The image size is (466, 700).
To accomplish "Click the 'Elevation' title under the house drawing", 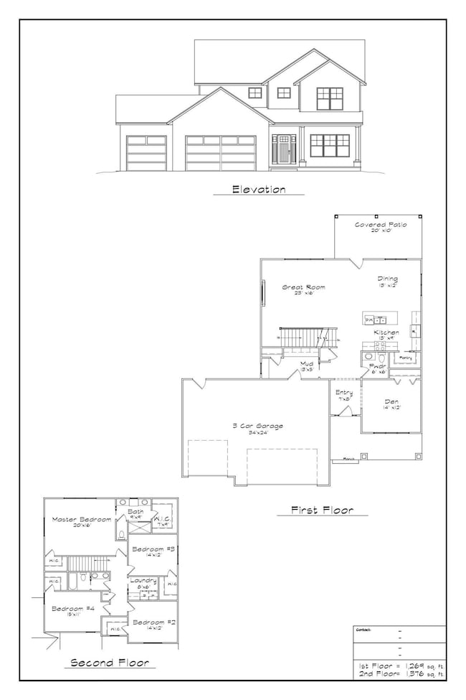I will pos(258,190).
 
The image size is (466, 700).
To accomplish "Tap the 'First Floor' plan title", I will pos(319,510).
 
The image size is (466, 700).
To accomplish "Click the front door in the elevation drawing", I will pos(285,152).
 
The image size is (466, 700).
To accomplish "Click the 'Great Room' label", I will pos(303,288).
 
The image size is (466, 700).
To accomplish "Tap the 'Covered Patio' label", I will pos(381,225).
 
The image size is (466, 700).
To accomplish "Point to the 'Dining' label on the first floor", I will pos(388,279).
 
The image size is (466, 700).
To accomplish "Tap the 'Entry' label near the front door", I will pos(343,392).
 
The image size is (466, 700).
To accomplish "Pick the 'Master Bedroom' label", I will pos(80,519).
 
